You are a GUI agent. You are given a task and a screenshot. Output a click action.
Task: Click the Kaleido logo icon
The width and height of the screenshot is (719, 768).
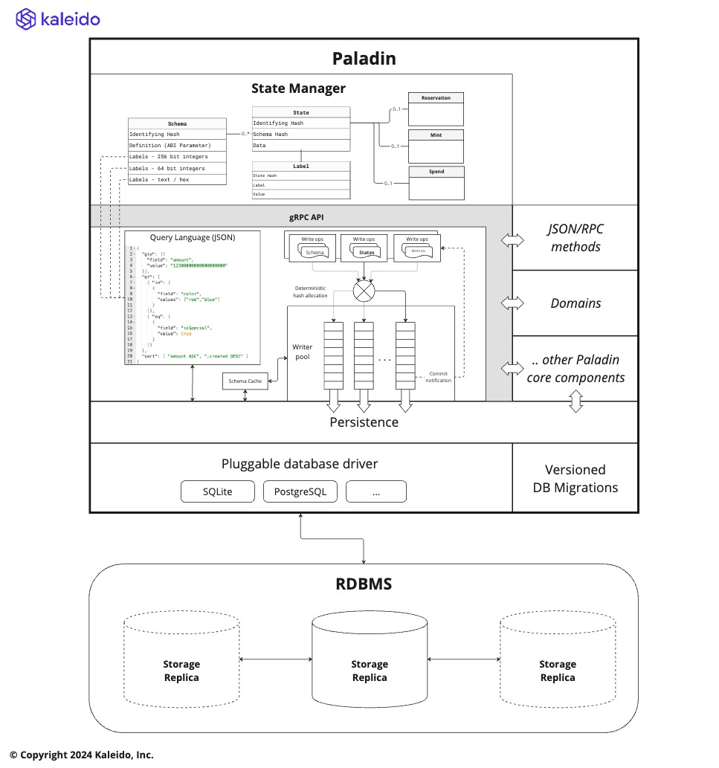(x=25, y=19)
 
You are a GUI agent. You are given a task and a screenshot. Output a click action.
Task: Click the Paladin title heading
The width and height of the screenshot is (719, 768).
(x=364, y=58)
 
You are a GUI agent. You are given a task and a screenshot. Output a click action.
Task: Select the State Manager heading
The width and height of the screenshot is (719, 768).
(x=298, y=88)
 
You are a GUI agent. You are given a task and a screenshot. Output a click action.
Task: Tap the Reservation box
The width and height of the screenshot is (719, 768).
(x=436, y=109)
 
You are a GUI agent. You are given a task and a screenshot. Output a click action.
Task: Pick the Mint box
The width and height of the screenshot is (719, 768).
(x=436, y=146)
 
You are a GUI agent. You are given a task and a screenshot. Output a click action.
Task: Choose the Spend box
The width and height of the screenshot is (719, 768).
(x=436, y=183)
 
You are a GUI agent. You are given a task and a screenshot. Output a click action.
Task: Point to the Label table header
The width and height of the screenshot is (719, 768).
(x=300, y=167)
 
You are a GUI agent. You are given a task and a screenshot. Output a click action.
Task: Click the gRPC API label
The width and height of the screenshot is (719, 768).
(x=301, y=217)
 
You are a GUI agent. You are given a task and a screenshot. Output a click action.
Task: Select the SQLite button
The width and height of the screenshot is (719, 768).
(x=217, y=491)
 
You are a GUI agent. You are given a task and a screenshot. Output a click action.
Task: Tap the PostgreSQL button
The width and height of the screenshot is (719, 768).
(x=300, y=491)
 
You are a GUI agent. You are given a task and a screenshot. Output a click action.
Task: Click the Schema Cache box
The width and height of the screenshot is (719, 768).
(x=245, y=381)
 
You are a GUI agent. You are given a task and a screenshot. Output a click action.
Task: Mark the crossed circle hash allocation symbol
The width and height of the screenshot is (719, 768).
(x=364, y=289)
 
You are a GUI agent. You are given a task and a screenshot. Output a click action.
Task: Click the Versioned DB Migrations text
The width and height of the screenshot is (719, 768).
(x=575, y=478)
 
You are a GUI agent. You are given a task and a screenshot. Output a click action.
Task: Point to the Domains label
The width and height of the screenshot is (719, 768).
(x=575, y=303)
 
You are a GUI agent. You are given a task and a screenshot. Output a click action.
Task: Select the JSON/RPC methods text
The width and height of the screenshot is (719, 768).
(x=575, y=238)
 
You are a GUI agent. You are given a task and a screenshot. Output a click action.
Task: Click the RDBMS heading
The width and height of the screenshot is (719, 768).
(x=364, y=584)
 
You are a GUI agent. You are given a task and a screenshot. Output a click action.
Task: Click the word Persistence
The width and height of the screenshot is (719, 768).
(x=364, y=422)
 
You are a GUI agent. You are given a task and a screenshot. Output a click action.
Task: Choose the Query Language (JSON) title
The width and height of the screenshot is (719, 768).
(x=193, y=238)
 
